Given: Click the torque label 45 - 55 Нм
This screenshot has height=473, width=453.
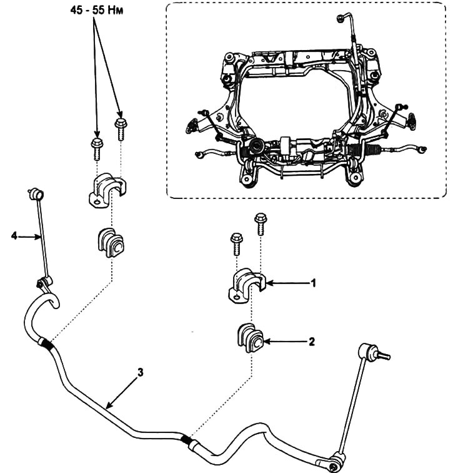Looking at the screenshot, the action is (x=97, y=10).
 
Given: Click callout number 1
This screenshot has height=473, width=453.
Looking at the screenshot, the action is (x=313, y=283).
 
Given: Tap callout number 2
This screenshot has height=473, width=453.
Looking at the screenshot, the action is (x=312, y=342).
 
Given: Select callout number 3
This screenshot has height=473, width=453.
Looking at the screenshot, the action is (x=141, y=372).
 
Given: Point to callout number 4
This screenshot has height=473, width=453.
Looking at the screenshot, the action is (x=14, y=236).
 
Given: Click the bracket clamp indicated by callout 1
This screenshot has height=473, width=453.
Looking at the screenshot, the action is (x=246, y=285).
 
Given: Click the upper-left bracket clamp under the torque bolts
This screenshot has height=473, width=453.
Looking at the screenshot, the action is (x=107, y=190).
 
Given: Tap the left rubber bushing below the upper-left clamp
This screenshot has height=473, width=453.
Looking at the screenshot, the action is (x=111, y=243).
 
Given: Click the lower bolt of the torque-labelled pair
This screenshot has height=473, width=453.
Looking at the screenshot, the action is (x=97, y=149).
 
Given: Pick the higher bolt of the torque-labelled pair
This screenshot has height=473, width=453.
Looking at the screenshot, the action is (x=120, y=130).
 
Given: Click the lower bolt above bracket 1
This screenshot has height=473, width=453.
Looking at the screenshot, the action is (x=236, y=244).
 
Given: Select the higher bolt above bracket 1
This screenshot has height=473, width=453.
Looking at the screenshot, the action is (x=260, y=224).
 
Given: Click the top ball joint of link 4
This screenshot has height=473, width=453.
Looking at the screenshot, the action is (x=36, y=194).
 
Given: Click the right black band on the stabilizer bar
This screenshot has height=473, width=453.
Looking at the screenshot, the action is (x=187, y=439).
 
